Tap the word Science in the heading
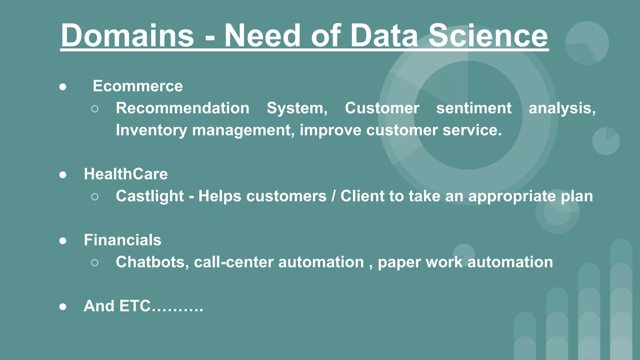point(488,36)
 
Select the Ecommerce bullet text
point(137,86)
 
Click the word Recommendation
point(182,108)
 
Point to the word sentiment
point(474,108)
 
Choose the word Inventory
point(151,130)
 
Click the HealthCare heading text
point(126,174)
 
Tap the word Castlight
point(150,196)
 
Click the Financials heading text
point(122,240)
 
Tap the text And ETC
point(143,306)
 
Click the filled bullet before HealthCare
point(63,175)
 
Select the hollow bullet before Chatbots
point(95,263)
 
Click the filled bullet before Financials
point(63,241)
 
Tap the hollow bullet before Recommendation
point(95,109)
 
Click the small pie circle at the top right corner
point(587,43)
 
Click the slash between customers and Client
point(333,196)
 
